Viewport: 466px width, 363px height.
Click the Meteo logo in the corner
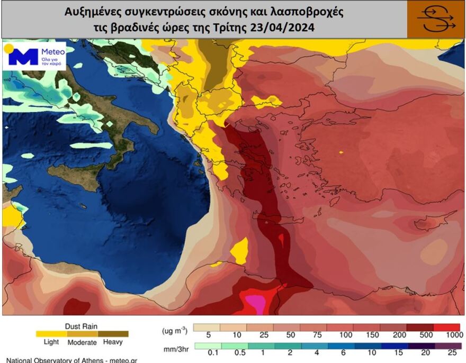tap(35, 56)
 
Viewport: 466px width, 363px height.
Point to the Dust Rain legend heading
tap(81, 326)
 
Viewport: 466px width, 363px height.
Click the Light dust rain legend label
tap(51, 342)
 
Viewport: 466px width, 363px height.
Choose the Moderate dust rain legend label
tap(82, 342)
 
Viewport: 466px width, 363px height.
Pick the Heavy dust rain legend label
tap(113, 342)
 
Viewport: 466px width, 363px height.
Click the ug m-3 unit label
tap(174, 331)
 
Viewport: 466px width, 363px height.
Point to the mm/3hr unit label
tap(174, 349)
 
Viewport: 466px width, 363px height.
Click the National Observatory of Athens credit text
tap(72, 360)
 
